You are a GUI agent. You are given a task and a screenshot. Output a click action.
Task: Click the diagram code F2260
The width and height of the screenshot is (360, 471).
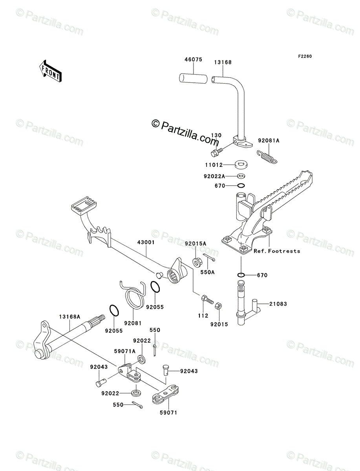(x=304, y=56)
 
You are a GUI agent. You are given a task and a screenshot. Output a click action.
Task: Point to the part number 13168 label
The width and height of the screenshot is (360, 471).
(x=223, y=62)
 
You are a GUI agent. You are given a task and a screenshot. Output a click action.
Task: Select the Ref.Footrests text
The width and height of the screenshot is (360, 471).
(x=277, y=251)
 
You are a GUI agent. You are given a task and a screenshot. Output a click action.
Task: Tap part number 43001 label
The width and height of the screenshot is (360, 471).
(x=146, y=243)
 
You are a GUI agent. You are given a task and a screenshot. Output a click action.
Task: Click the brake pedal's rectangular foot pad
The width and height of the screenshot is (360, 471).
(x=83, y=204)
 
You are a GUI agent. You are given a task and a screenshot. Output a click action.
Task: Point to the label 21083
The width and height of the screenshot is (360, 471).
(x=278, y=303)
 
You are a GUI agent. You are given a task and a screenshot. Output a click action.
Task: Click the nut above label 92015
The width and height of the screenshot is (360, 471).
(x=219, y=306)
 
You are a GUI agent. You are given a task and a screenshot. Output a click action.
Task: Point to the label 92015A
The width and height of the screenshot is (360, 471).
(x=196, y=244)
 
